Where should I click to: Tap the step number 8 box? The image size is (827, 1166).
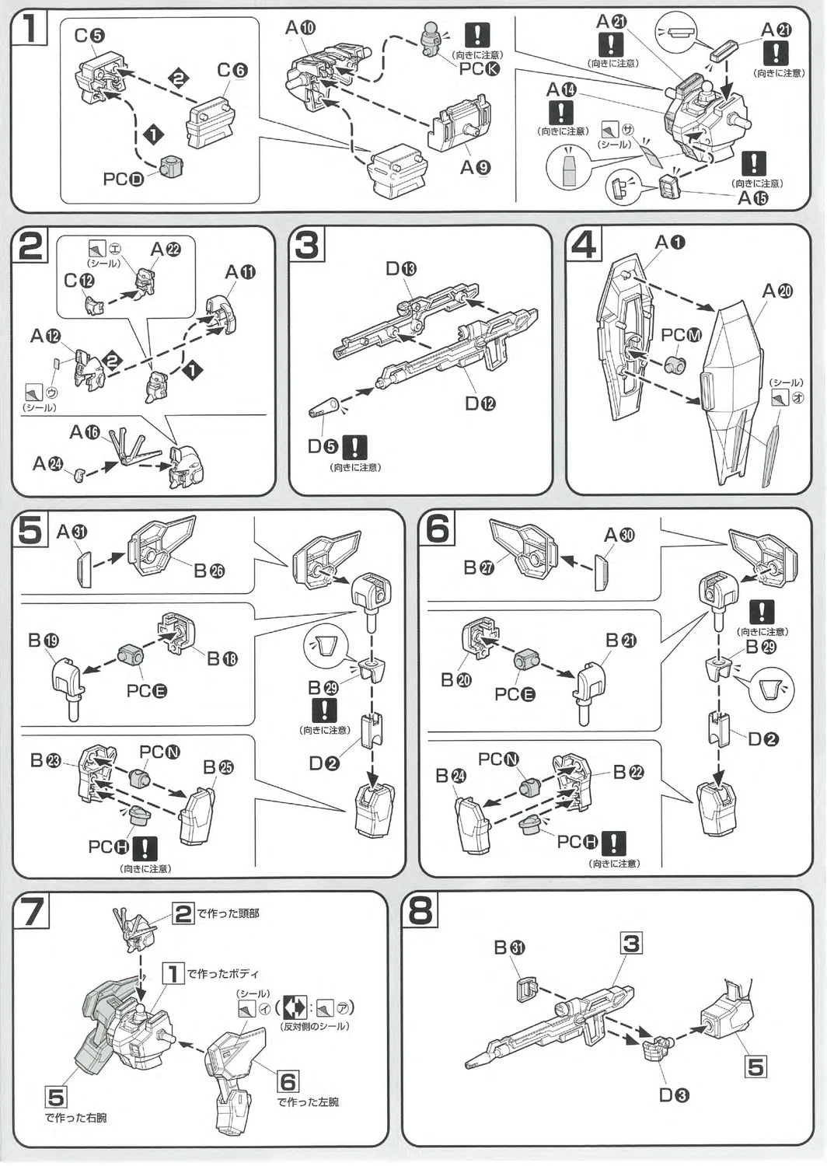pos(420,909)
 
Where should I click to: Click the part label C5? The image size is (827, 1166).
pos(90,36)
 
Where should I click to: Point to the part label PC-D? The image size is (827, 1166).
pos(124,180)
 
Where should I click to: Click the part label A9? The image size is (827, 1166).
pos(475,167)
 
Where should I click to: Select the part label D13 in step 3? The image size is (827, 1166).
pos(401,269)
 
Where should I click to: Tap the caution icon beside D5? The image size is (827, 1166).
pos(354,447)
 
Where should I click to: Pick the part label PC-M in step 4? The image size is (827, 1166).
pos(681,335)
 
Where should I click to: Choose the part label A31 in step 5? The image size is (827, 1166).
pos(72,532)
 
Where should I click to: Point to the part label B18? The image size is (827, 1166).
pos(222,658)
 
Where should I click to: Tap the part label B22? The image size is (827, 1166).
pos(628,772)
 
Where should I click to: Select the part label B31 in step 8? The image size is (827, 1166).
pos(509,948)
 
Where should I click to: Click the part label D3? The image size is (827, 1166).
pos(674,1095)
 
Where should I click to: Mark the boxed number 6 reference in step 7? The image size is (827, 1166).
pos(288,1081)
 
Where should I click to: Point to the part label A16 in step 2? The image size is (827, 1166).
pos(85,432)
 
